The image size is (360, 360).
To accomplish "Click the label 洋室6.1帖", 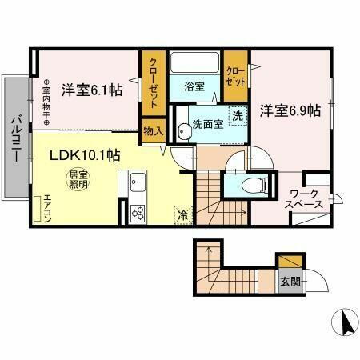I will coord(93,90).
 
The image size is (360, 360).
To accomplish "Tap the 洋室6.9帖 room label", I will coord(289,110).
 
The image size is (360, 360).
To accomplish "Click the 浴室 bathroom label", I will coord(194,86).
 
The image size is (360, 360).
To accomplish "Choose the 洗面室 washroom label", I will coord(207,125).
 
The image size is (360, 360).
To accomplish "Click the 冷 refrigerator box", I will coord(183,214).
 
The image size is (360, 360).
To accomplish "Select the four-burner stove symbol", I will coord(138,214).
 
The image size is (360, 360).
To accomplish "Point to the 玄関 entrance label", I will coord(290,282).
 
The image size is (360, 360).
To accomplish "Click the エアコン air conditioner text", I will coord(47,206).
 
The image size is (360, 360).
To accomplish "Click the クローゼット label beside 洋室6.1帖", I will coord(152,80).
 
